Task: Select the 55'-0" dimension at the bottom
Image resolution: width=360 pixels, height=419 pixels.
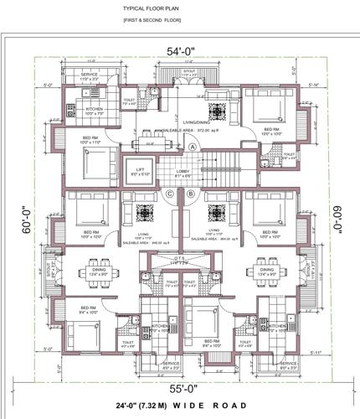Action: pyautogui.click(x=176, y=388)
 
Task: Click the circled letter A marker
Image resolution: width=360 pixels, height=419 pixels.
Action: pyautogui.click(x=192, y=147)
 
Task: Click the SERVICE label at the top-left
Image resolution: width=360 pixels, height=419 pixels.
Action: pyautogui.click(x=90, y=75)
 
